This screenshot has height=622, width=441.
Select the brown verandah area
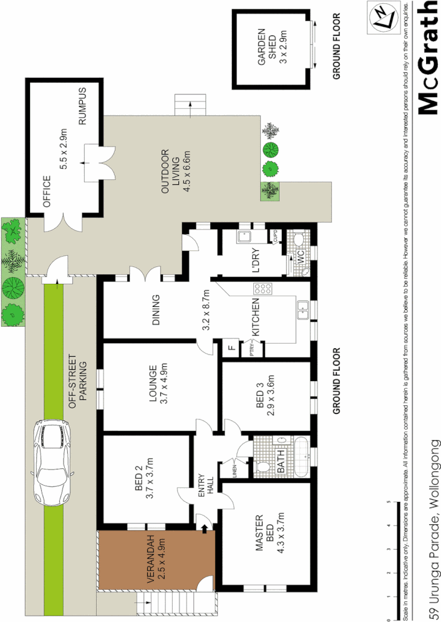155,559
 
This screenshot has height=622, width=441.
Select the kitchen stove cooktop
263,289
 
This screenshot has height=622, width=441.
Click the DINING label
156,310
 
